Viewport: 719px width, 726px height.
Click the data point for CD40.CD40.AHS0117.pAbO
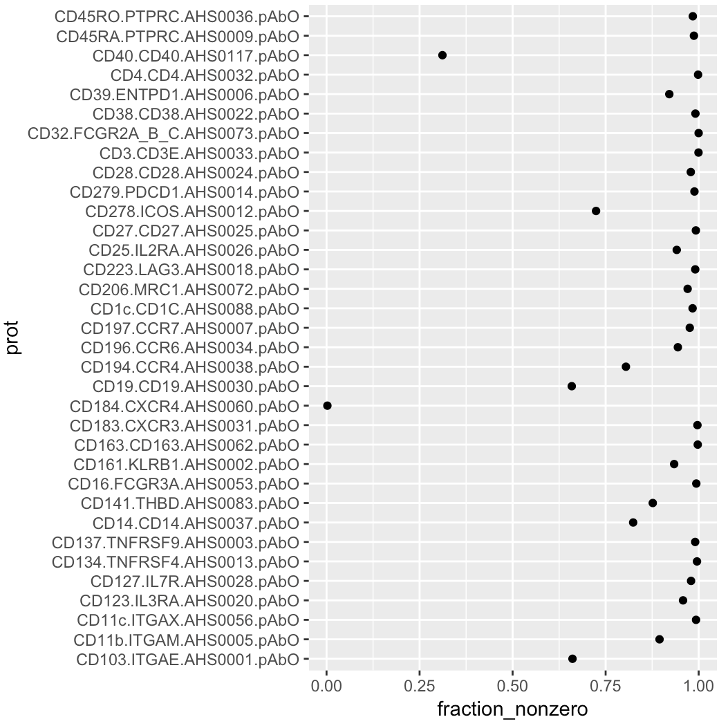click(x=442, y=55)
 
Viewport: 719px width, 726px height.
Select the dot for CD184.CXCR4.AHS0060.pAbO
click(x=327, y=405)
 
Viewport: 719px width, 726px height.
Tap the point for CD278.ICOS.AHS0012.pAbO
click(x=596, y=211)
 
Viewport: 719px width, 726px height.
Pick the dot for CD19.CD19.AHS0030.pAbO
click(x=572, y=386)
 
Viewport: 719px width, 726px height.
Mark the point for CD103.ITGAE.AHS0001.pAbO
click(x=572, y=659)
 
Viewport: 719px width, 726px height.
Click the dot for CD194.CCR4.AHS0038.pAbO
click(x=626, y=366)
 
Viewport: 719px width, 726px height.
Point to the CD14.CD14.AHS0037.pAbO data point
click(x=633, y=523)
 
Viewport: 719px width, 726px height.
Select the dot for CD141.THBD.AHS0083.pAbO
click(x=653, y=503)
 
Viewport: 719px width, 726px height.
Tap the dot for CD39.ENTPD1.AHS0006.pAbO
click(x=669, y=94)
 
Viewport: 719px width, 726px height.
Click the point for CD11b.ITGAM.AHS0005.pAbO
click(x=660, y=640)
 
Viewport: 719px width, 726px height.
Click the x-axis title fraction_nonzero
click(x=512, y=710)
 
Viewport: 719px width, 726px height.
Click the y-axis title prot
click(x=14, y=337)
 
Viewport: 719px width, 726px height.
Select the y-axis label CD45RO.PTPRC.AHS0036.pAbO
click(x=177, y=17)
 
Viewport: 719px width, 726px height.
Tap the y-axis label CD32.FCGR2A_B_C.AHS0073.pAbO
click(x=164, y=133)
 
